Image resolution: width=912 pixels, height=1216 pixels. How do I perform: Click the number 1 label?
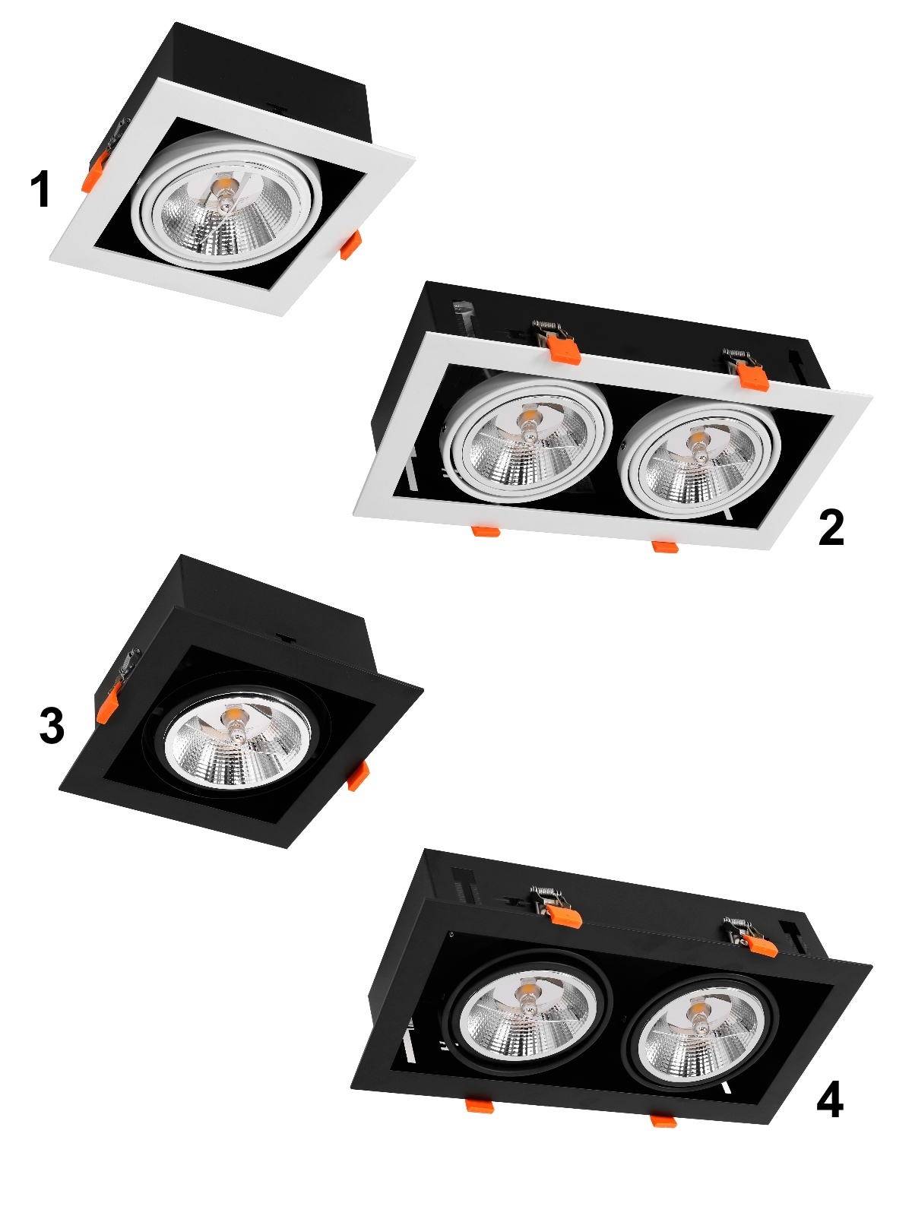coord(42,189)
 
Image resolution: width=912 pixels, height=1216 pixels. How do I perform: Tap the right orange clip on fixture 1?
coord(350,245)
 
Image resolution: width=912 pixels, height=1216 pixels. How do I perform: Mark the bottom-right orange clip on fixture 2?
coord(666,546)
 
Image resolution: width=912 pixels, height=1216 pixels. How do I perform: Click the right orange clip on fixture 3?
coord(358,775)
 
